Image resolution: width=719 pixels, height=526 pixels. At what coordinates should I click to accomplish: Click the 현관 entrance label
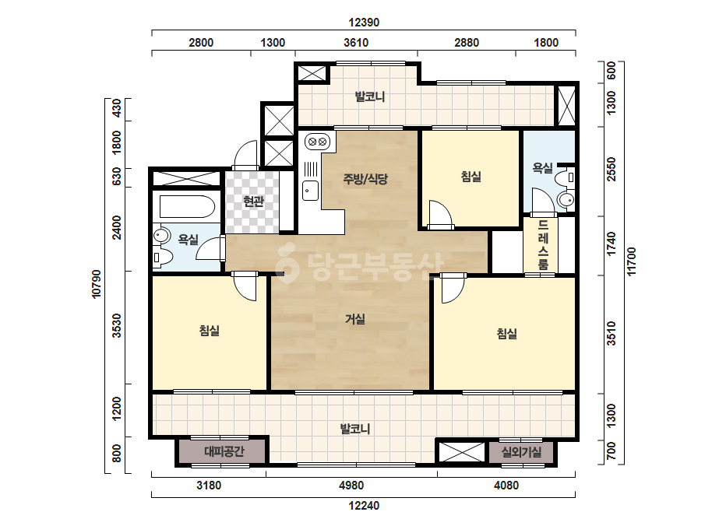coord(254,202)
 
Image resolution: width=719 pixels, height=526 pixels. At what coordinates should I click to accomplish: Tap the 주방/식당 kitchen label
coord(365,178)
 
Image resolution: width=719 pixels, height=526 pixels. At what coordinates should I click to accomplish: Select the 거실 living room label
coord(355,318)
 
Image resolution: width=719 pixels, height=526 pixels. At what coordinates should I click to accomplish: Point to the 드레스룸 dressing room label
coord(543,244)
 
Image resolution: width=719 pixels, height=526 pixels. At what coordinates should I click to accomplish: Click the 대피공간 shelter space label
coord(224,452)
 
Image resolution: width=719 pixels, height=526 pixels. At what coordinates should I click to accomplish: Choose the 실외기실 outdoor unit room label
coord(521,452)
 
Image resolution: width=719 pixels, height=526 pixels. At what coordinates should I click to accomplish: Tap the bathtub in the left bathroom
coord(187,207)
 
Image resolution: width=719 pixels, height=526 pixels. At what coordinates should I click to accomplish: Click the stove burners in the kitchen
coord(317,142)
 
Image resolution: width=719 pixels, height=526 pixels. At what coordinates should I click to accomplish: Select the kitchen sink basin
coord(311,191)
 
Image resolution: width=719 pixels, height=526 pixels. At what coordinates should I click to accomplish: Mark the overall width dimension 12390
coord(364,23)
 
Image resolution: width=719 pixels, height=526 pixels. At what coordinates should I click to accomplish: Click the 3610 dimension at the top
coord(356,43)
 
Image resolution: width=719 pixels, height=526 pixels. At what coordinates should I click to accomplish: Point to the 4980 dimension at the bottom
coord(351,486)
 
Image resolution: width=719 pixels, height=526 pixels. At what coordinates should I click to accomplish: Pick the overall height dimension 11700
coord(632,261)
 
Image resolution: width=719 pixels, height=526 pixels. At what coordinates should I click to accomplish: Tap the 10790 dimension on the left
coord(97,284)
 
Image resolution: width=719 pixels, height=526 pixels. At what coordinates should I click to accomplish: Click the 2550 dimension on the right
coord(612,170)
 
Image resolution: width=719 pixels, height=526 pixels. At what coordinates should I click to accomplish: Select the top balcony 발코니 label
coord(369,96)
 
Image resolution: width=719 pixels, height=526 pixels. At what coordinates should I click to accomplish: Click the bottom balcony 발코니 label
coord(355,429)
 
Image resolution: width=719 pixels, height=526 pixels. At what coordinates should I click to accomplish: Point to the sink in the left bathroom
coord(160,236)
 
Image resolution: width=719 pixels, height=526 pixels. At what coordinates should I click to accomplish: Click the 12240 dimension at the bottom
coord(364,506)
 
